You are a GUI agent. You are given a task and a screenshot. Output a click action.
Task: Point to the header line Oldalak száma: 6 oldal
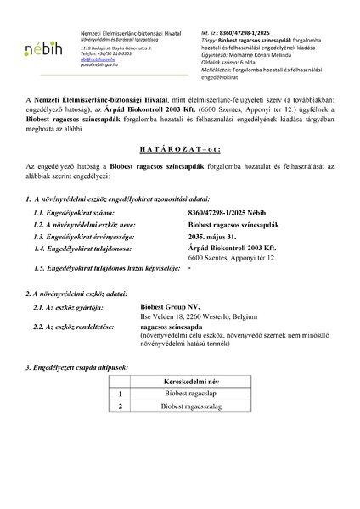(256, 55)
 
